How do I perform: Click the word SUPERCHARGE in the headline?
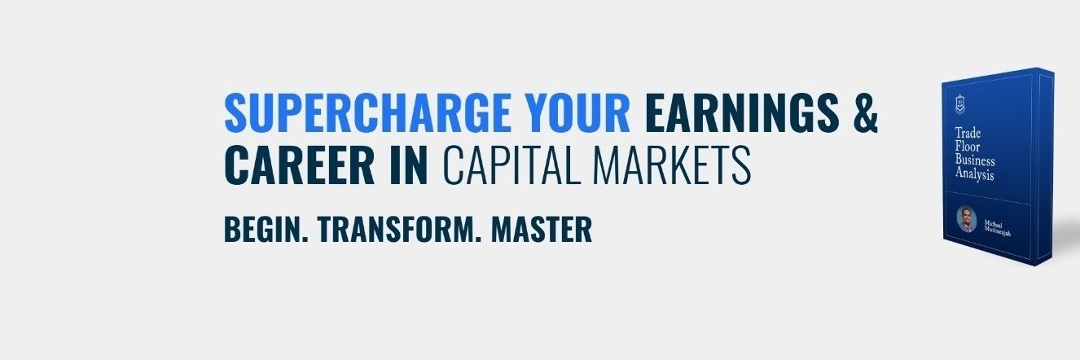point(368,112)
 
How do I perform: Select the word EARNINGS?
point(742,112)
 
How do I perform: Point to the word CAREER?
point(300,165)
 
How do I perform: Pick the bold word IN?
point(408,165)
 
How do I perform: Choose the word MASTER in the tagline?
point(542,230)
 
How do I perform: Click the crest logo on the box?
point(961,103)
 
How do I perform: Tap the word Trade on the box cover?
point(968,133)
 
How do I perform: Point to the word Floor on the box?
point(967,146)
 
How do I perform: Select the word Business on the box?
point(975,160)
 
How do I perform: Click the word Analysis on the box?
point(974,173)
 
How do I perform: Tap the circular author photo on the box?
point(966,220)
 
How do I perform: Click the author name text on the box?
point(997,229)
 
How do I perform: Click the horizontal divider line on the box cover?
point(987,198)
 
